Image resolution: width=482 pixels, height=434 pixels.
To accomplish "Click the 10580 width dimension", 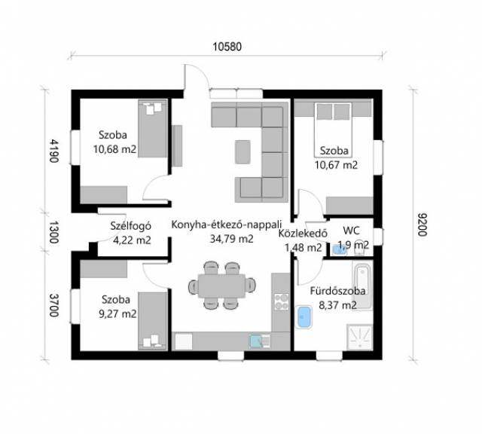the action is [227, 47].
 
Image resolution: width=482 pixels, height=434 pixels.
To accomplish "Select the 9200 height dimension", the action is [423, 225].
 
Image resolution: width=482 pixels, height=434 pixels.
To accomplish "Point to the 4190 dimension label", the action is [54, 151].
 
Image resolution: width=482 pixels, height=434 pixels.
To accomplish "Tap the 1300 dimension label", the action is [54, 232].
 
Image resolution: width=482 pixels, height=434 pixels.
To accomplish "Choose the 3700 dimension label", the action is [54, 305].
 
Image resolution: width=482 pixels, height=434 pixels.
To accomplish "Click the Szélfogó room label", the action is [130, 226].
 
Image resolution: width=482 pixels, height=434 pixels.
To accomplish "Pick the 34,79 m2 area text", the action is [231, 239].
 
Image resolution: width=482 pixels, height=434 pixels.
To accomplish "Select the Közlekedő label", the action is [303, 234].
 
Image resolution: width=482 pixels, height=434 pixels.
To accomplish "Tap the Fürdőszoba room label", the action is [337, 291].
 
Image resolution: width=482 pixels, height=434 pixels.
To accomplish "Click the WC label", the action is [351, 231].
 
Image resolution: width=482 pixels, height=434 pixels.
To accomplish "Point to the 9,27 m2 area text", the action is [117, 314].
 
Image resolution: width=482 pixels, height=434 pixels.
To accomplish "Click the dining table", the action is [221, 286].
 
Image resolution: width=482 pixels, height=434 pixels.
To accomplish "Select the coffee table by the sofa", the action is [243, 152].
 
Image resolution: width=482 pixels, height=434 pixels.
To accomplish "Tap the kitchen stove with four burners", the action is [281, 301].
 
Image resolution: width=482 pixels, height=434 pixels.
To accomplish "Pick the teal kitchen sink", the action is [256, 341].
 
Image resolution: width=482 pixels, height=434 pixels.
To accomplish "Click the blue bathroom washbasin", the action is [304, 317].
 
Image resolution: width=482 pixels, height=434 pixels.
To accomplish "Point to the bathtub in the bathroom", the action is [362, 286].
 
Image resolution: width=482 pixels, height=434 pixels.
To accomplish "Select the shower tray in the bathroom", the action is [360, 338].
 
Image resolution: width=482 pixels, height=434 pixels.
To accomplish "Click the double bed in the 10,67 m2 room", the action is [333, 130].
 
